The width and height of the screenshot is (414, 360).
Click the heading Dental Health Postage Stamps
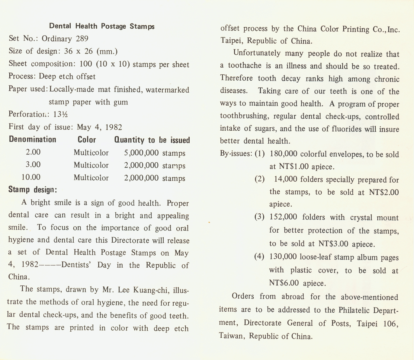coord(102,26)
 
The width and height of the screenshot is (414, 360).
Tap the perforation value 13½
coord(60,114)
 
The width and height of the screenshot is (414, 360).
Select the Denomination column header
coord(33,139)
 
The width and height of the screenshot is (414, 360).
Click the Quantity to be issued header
coord(152,140)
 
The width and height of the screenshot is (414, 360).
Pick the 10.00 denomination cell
coord(31,177)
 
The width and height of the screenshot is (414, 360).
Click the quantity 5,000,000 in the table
coord(141,153)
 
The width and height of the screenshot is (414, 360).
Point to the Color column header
coord(87,140)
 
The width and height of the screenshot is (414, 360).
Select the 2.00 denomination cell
coord(33,152)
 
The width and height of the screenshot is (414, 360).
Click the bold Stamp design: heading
coord(33,190)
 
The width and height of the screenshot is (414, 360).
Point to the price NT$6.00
coord(284,283)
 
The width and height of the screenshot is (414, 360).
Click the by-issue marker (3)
coord(259,217)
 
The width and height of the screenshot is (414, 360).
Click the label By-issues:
coord(236,154)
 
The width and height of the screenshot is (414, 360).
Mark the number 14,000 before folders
coord(286,179)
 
